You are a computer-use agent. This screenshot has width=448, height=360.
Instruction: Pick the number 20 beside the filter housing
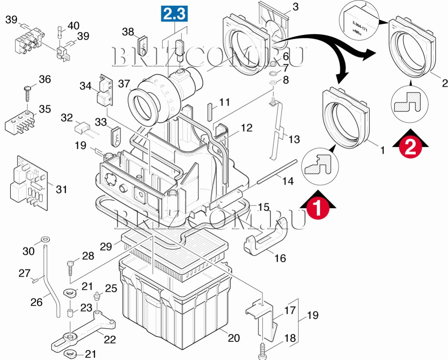coord(234,338)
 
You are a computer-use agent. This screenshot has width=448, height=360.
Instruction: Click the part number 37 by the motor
coord(124,83)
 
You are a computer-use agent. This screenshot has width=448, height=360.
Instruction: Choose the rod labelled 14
coord(276,171)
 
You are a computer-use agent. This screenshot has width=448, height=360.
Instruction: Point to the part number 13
coord(294,139)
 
